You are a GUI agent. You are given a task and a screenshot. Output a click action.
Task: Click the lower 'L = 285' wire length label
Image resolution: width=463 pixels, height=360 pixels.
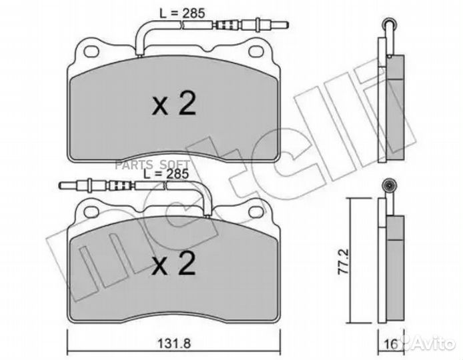pyautogui.click(x=165, y=173)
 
